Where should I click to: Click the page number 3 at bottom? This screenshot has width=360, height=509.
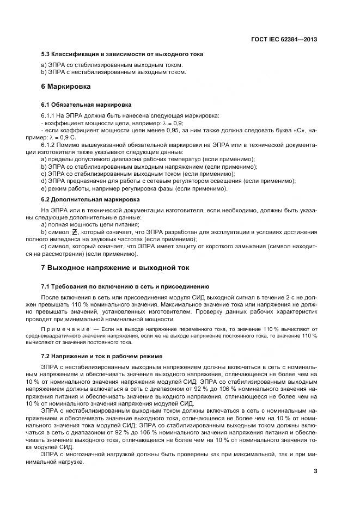coord(315,471)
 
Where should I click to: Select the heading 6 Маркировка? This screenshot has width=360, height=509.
coord(66,86)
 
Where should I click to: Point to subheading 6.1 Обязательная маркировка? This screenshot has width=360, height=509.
coord(86,104)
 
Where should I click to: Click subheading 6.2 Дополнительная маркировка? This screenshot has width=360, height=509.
coord(90,200)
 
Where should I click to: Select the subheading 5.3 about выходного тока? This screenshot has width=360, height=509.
coord(122,54)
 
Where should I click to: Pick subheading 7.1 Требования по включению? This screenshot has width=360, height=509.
coord(125,286)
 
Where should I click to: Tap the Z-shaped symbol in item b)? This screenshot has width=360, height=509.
coord(75,233)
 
